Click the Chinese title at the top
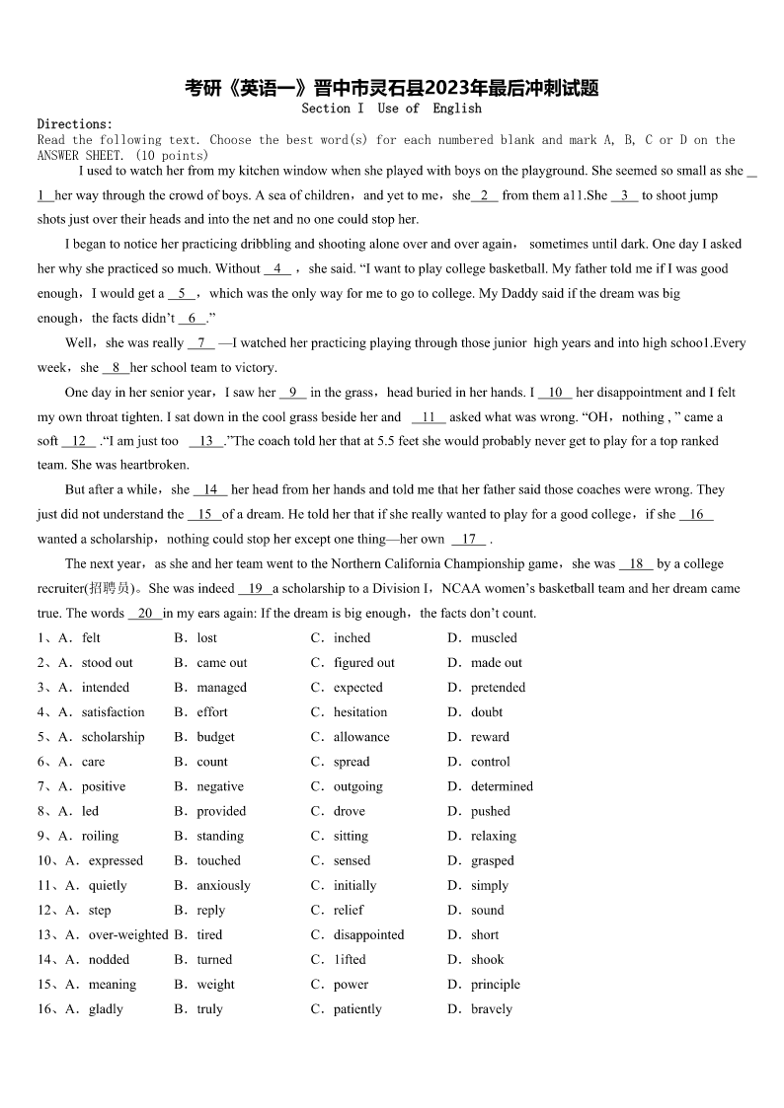tap(392, 88)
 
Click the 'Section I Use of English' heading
tap(391, 109)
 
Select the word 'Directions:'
tap(75, 124)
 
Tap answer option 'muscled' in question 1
tap(494, 638)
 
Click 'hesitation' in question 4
tap(360, 712)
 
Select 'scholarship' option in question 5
tap(113, 737)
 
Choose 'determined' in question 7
tap(502, 786)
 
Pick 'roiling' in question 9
tap(100, 836)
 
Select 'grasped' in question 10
tap(492, 860)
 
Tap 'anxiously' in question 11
tap(223, 885)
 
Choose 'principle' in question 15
tap(495, 984)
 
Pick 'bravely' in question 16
tap(492, 1008)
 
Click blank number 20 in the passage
tap(145, 613)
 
